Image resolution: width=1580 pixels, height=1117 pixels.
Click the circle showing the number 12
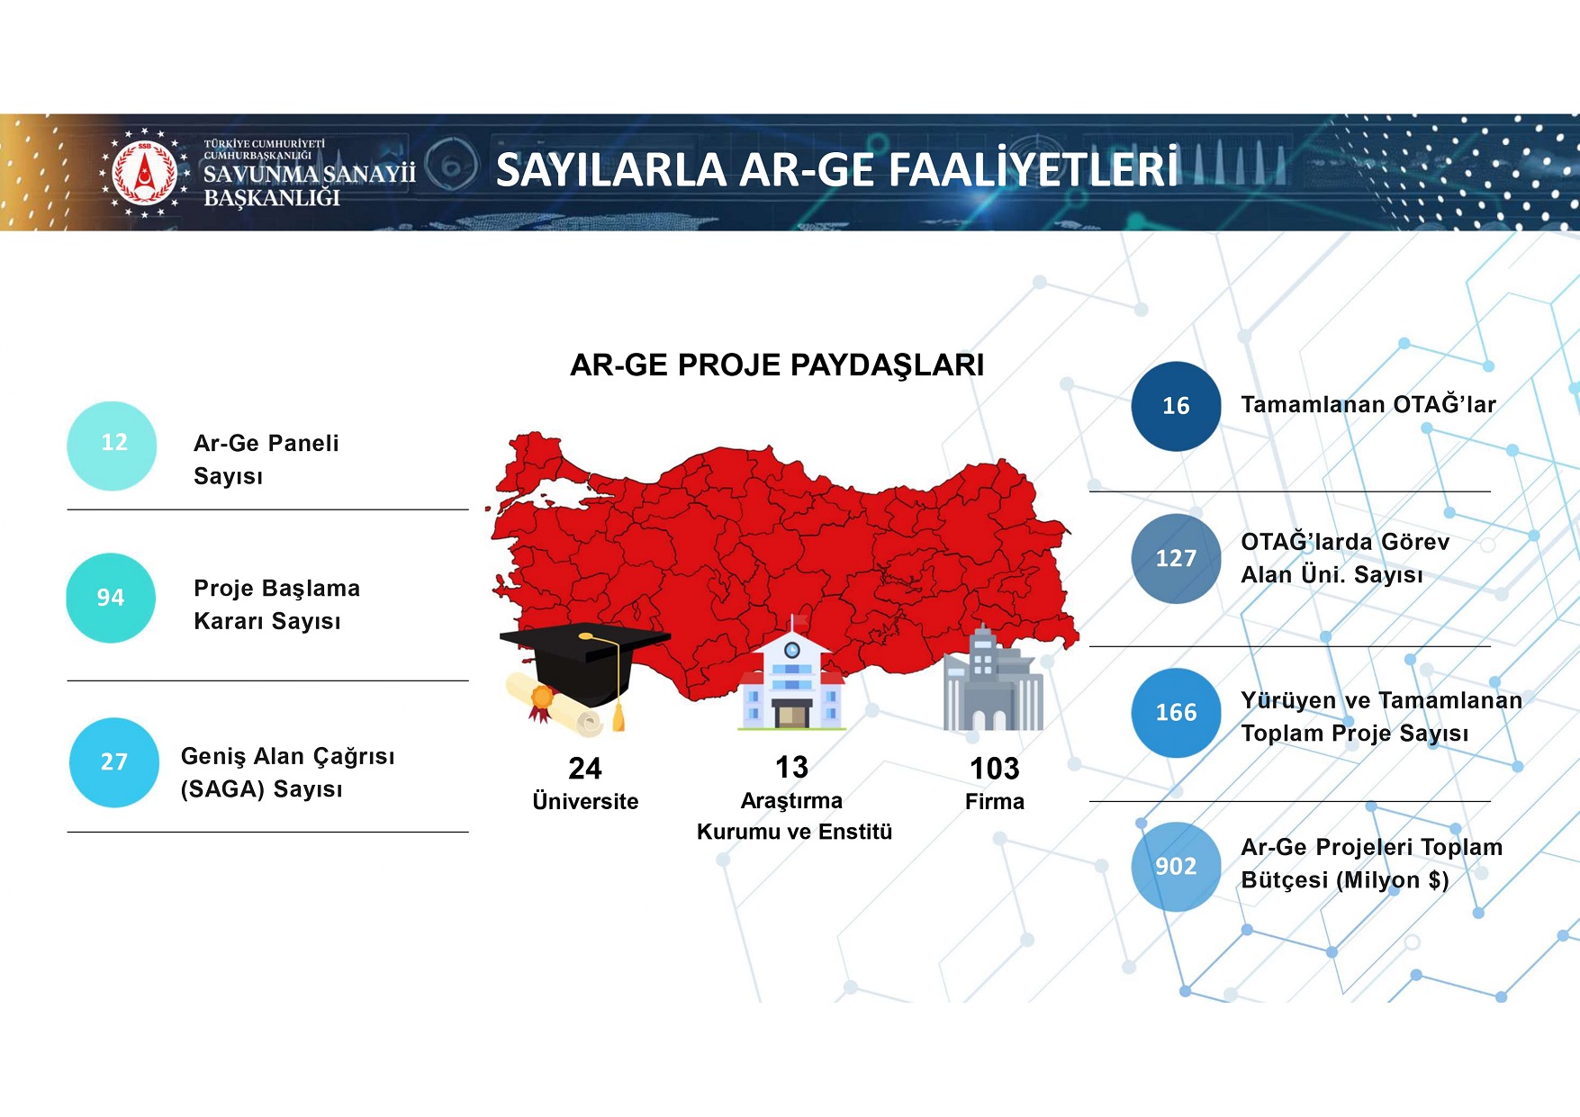[113, 446]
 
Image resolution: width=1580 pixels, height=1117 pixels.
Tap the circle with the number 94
[111, 598]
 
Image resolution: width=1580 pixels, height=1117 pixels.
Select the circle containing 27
[114, 762]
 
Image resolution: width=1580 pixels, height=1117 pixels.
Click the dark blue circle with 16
[1176, 406]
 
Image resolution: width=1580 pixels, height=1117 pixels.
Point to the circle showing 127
[1176, 559]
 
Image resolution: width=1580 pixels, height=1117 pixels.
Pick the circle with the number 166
[1176, 713]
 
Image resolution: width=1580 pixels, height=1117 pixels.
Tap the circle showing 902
[1176, 867]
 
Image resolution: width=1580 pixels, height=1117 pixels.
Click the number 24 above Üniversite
[585, 769]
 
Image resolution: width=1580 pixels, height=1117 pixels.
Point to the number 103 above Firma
[994, 769]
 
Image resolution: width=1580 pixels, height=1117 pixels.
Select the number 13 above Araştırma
[791, 768]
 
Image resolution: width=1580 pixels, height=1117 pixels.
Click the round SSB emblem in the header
[144, 173]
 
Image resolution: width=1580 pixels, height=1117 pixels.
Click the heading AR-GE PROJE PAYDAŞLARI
[777, 365]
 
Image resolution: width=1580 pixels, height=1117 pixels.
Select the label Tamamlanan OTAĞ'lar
[1368, 405]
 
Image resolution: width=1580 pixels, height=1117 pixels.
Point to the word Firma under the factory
[994, 802]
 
